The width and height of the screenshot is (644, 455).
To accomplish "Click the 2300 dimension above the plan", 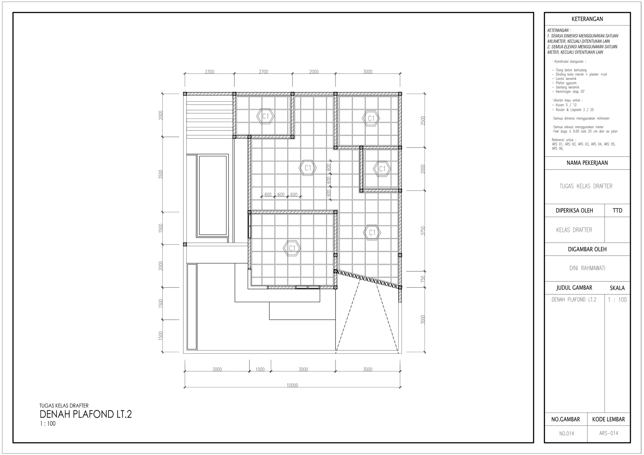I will click(x=209, y=72).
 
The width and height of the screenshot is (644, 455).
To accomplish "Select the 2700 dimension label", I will click(x=263, y=72).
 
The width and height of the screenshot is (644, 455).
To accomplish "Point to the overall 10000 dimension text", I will click(x=292, y=385).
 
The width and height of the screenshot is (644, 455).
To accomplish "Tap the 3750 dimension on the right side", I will click(x=423, y=231).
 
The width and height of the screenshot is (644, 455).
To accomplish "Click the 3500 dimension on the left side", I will click(x=161, y=174).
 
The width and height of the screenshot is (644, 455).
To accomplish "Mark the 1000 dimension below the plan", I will click(x=260, y=369).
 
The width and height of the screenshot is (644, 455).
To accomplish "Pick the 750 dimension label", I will click(x=423, y=279).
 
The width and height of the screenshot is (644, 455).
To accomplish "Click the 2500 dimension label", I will click(x=423, y=120).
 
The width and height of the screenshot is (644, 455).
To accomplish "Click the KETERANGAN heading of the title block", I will click(x=587, y=19).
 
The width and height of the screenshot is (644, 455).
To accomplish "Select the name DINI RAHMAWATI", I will click(x=587, y=268).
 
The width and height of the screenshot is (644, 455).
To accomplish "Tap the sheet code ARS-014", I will click(x=608, y=433).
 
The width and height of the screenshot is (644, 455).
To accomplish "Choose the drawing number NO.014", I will click(x=566, y=434).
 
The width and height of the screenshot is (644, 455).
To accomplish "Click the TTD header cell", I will click(x=617, y=211).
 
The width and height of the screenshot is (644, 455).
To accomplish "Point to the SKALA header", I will click(x=617, y=288).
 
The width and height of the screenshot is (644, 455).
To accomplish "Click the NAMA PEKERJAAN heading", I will click(x=587, y=163).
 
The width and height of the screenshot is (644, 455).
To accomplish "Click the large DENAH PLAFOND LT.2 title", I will click(x=86, y=414).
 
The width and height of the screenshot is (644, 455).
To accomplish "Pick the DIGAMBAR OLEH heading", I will click(x=587, y=249).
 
